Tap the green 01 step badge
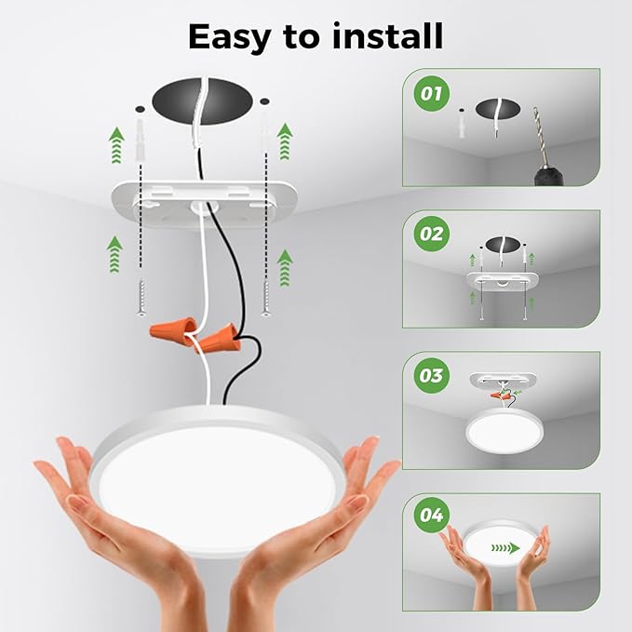tap(431, 93)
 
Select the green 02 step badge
tap(431, 234)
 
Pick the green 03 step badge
tap(431, 375)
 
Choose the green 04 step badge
tap(431, 514)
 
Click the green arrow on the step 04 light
tap(504, 549)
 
